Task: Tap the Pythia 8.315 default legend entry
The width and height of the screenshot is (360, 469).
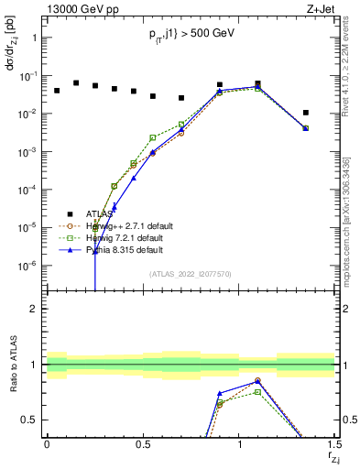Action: (125, 249)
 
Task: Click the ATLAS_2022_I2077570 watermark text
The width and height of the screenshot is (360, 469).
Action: (191, 273)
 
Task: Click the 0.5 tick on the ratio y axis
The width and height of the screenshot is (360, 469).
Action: (30, 420)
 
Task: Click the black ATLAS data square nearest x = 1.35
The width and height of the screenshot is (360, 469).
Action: (306, 113)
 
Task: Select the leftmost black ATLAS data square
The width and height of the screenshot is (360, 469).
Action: (57, 91)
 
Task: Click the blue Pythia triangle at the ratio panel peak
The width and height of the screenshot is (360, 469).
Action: (257, 380)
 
